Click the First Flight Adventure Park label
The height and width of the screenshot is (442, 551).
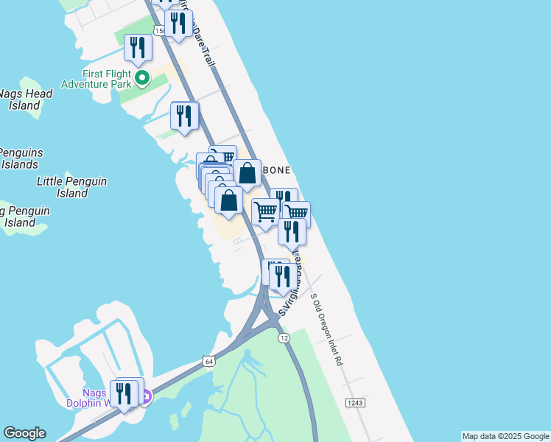click(x=107, y=79)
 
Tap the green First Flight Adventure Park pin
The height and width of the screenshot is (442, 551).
click(x=143, y=77)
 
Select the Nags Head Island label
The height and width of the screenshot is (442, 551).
click(x=25, y=99)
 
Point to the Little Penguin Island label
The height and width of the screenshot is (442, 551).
click(x=72, y=187)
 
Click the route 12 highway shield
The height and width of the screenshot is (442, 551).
click(x=284, y=337)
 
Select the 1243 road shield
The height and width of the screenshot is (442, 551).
click(x=355, y=402)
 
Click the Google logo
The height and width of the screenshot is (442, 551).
click(x=24, y=433)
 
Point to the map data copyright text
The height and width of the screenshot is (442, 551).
click(x=505, y=436)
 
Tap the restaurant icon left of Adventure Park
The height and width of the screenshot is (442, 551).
click(x=138, y=48)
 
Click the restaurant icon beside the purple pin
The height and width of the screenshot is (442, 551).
click(x=123, y=393)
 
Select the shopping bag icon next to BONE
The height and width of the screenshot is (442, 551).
click(x=248, y=174)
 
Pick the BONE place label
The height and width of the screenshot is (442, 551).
click(x=276, y=170)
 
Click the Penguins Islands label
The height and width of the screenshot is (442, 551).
click(x=21, y=158)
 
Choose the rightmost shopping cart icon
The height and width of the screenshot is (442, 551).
click(x=295, y=213)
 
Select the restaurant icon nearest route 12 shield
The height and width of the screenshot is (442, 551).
click(x=283, y=276)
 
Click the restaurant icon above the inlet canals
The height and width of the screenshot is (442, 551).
click(x=184, y=116)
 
